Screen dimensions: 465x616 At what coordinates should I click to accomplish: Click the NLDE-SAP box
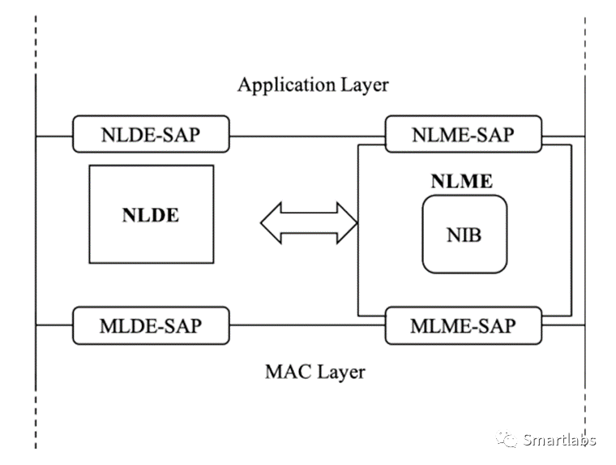(x=152, y=135)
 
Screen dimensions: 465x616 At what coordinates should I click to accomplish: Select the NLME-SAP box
(x=462, y=135)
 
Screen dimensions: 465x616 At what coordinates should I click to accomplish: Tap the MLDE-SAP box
(x=152, y=325)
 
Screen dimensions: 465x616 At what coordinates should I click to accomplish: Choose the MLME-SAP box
(x=462, y=325)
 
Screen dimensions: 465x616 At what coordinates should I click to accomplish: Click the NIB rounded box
(x=464, y=234)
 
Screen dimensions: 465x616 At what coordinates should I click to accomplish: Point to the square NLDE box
(x=151, y=214)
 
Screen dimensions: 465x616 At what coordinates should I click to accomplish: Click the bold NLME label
(x=461, y=181)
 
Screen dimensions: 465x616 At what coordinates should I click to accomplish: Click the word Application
(x=281, y=84)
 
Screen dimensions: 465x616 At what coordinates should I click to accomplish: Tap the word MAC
(x=285, y=372)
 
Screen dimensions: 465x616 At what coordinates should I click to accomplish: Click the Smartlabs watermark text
(x=559, y=440)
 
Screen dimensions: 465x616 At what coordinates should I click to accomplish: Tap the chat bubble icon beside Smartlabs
(x=507, y=440)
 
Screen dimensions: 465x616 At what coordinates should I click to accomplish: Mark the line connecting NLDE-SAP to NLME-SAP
(x=307, y=135)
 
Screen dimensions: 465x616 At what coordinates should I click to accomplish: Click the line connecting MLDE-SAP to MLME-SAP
(x=307, y=325)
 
